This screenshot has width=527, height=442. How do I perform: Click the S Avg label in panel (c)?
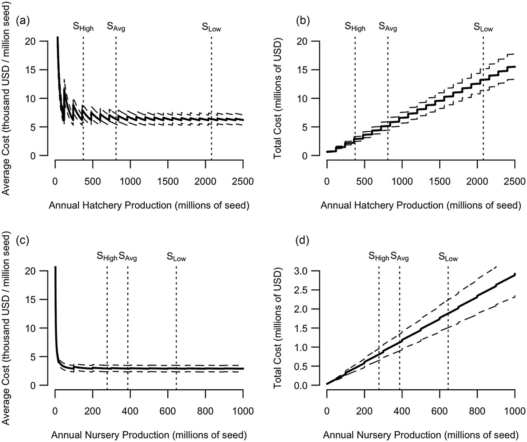click(x=128, y=257)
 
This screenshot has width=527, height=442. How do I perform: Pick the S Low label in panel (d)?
click(x=448, y=257)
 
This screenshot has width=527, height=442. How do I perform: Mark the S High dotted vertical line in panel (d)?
click(x=379, y=325)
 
